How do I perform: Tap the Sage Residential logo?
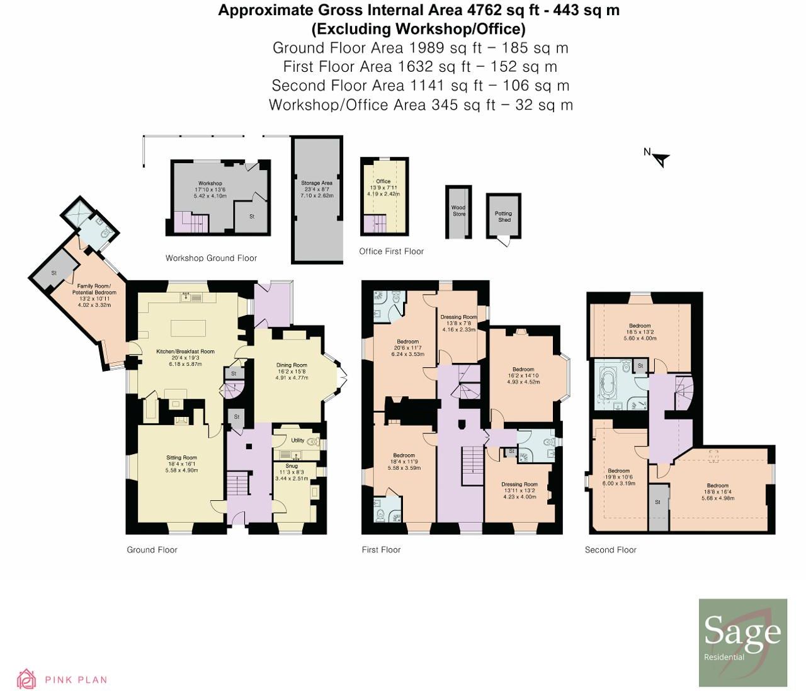742,642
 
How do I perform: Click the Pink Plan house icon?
26,678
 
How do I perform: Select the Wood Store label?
458,210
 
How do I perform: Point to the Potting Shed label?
503,217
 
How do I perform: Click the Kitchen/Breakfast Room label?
185,351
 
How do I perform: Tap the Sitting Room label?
181,458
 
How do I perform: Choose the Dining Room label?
292,365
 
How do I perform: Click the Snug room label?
292,466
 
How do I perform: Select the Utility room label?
298,440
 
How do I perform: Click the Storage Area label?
317,183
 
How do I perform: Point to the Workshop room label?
210,184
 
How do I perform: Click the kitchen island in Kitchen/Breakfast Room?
188,329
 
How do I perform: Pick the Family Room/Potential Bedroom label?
94,289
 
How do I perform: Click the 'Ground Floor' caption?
152,550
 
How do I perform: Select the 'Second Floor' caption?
610,550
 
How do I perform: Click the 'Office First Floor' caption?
391,251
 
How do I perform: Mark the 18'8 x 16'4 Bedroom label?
717,486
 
